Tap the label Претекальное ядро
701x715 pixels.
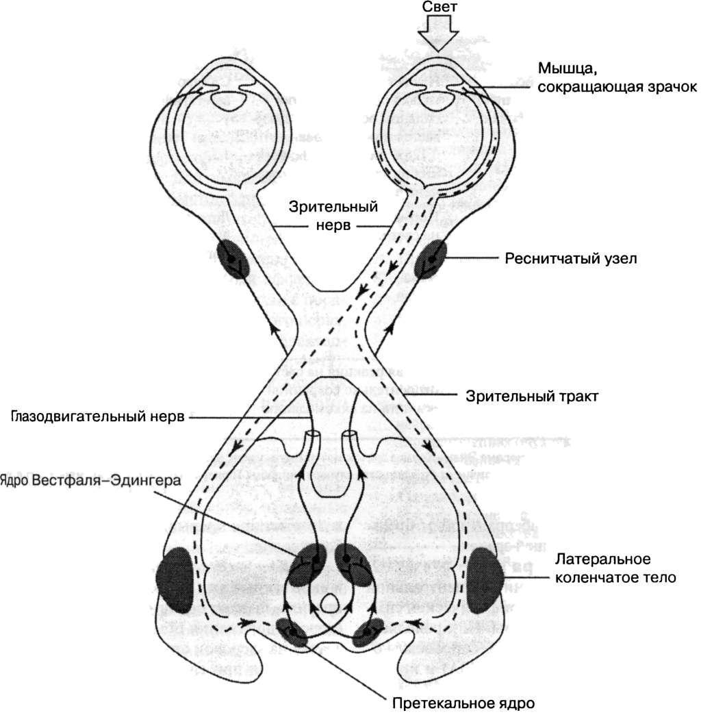463,703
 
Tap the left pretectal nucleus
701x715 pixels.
294,632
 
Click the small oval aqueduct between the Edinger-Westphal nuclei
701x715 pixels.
330,603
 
